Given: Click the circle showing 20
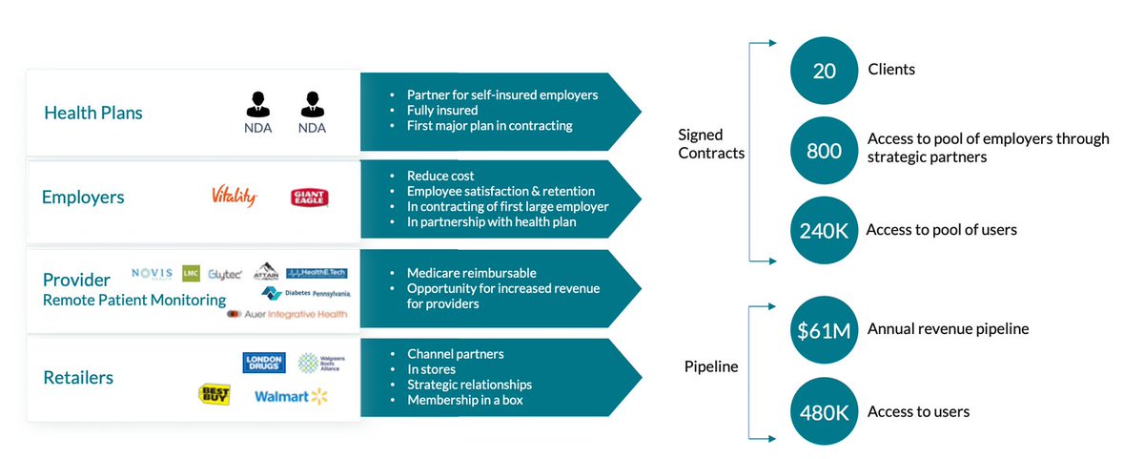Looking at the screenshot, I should pos(825,71).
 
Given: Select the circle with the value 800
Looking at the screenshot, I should pos(825,150).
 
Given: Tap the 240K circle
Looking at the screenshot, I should pos(825,230).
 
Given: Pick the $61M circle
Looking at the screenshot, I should pos(825,329).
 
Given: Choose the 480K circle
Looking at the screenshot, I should pos(825,412).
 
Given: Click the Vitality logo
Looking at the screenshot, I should pos(234,197).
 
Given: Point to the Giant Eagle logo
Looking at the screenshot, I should pos(310,198).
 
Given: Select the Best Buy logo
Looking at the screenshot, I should pos(214,394).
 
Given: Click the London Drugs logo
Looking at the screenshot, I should pos(264,363).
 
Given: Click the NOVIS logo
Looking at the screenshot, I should pos(152,272).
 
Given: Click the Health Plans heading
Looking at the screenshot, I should pos(92,113).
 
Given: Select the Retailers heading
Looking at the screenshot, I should pos(78,378).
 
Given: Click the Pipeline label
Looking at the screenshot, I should pos(711,366).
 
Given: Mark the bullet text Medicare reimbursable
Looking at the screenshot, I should pos(471,273).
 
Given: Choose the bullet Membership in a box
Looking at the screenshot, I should pos(464,400).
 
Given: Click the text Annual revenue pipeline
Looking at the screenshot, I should pos(948,329).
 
